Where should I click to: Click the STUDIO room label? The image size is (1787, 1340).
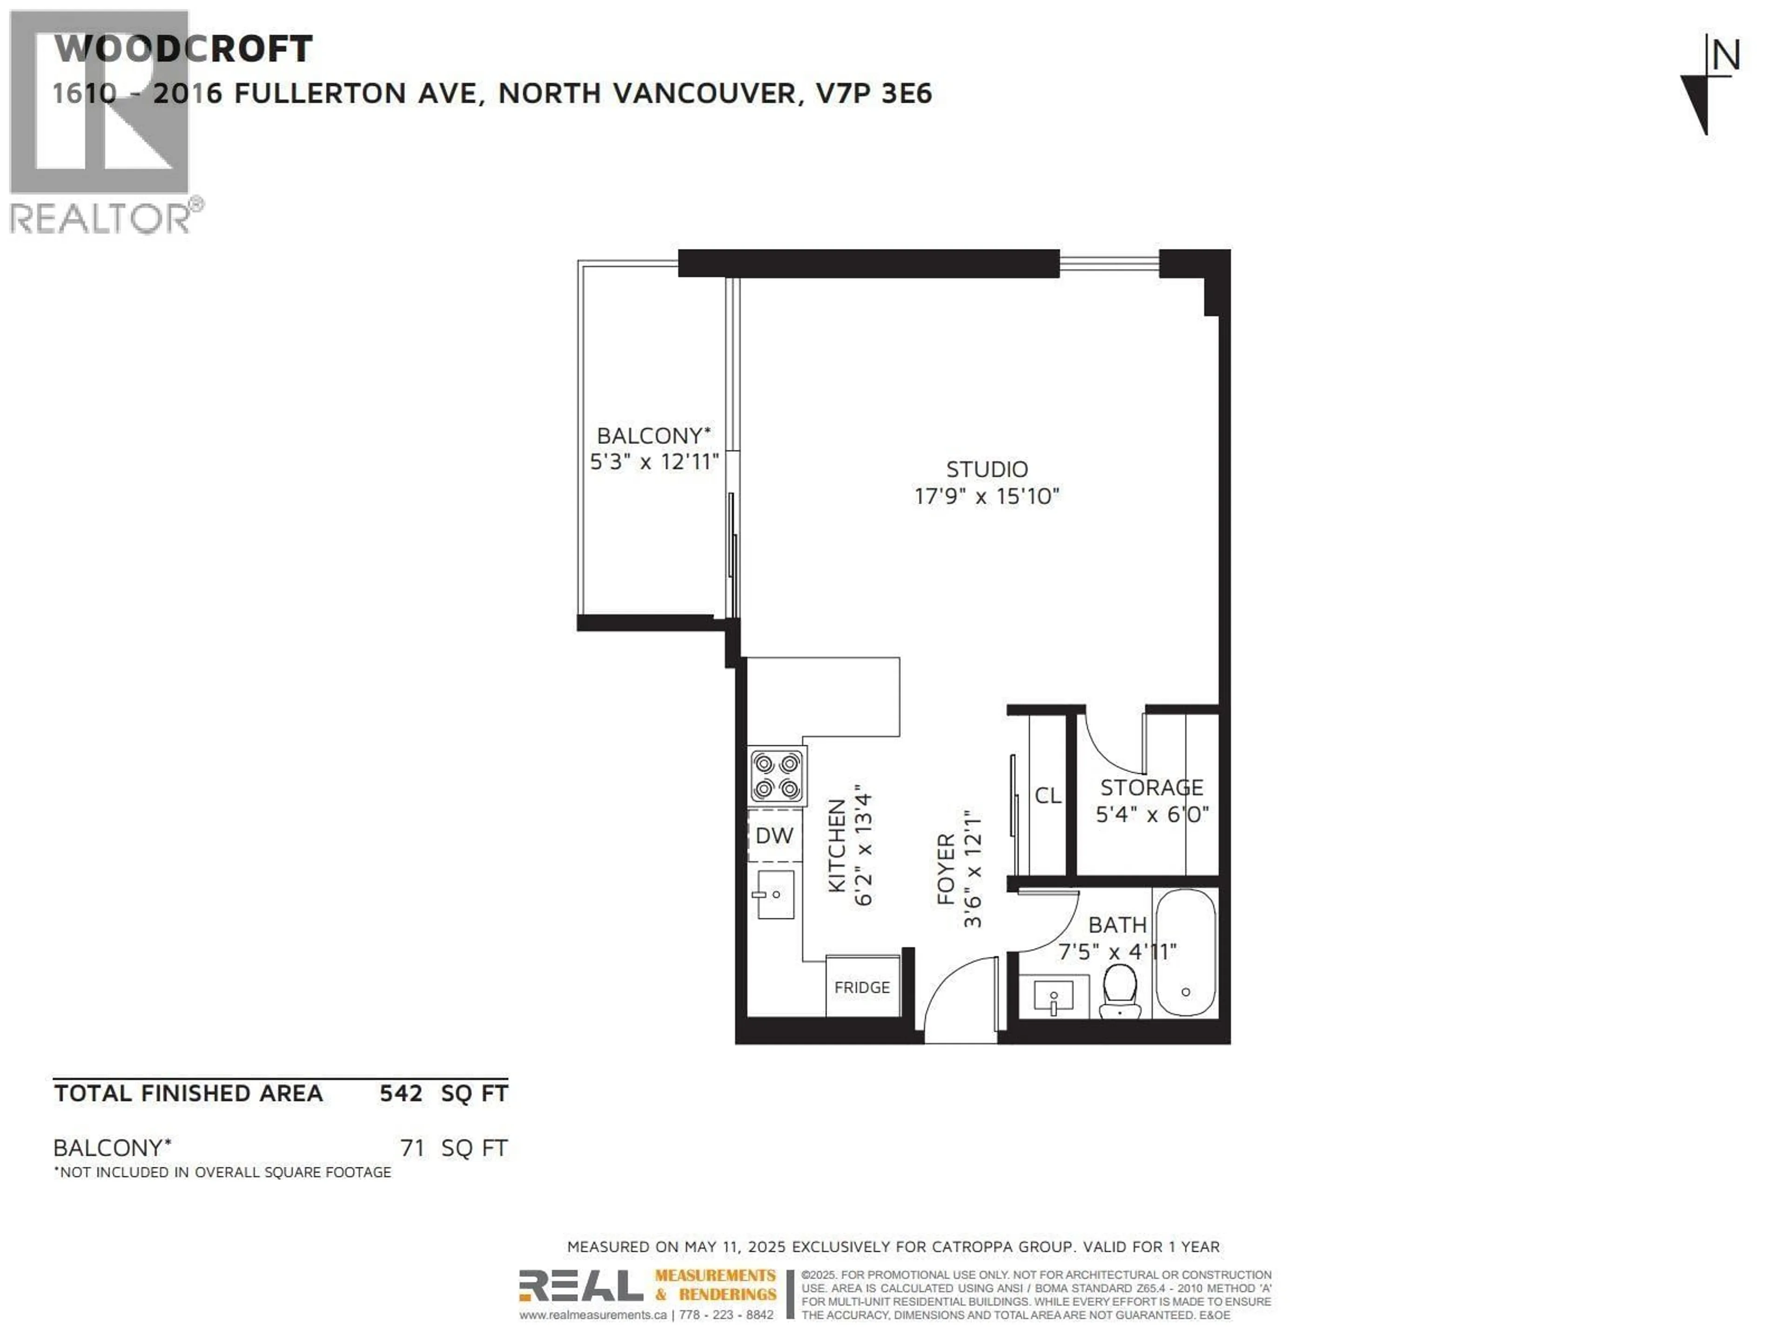click(987, 469)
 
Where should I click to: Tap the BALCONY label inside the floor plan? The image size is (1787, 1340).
click(653, 435)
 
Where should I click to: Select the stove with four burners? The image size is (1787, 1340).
click(776, 776)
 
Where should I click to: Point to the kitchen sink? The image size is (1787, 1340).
click(774, 894)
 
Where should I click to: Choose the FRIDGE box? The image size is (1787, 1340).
click(862, 987)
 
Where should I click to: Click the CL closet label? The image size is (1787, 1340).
click(1048, 796)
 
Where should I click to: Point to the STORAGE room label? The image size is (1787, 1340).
click(1151, 788)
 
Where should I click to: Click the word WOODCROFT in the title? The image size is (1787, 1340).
click(183, 49)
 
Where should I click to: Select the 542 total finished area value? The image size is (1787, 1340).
click(401, 1094)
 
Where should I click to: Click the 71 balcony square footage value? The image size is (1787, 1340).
click(412, 1148)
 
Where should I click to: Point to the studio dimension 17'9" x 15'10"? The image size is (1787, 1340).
click(987, 496)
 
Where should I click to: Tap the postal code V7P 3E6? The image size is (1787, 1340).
click(874, 94)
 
